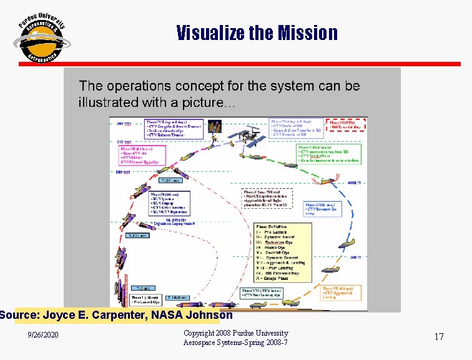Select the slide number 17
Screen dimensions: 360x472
coord(439,337)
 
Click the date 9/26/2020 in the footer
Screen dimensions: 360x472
coord(43,336)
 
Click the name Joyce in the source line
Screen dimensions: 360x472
coord(61,315)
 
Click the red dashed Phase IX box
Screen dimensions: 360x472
coord(345,124)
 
